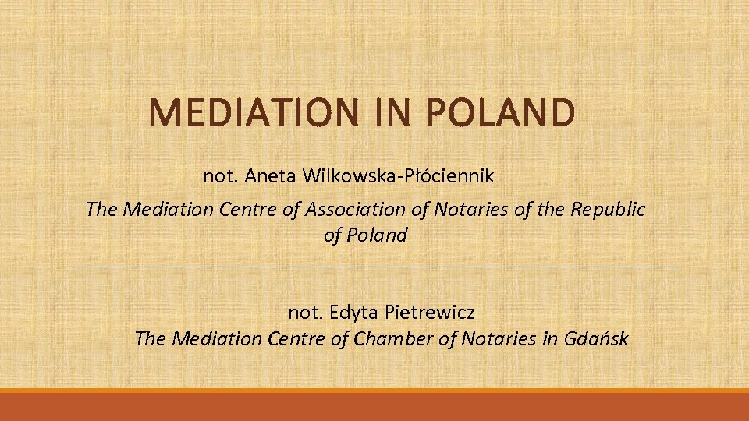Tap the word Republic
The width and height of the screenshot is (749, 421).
tap(609, 209)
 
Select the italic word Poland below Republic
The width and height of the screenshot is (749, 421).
tap(376, 235)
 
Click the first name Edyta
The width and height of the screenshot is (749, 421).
tap(355, 313)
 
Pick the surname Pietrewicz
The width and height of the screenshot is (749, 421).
tap(430, 313)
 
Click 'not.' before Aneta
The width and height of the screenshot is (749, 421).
tap(222, 176)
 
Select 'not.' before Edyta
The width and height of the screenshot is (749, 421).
tap(307, 313)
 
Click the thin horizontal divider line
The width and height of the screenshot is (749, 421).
tap(374, 267)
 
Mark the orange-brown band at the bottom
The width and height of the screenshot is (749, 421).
tap(374, 406)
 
